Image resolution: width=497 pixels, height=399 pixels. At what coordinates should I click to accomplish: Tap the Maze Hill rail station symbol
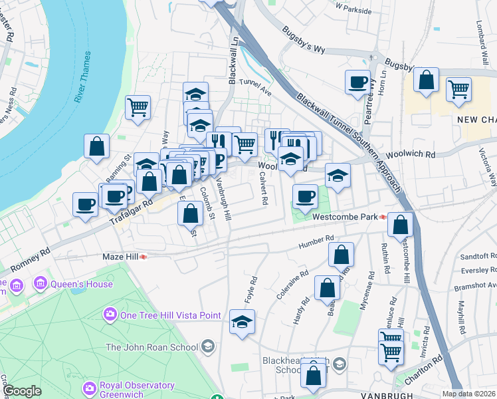pos(144,257)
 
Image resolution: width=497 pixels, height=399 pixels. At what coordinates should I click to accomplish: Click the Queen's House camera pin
pos(41,284)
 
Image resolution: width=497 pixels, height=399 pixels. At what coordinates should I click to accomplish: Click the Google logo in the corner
pos(22,391)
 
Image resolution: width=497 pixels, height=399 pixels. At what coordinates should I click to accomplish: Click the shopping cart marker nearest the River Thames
pos(138,106)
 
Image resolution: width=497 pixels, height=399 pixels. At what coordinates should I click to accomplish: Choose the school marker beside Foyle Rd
pos(242,323)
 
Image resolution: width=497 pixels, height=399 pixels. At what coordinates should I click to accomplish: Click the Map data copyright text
pos(468,394)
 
